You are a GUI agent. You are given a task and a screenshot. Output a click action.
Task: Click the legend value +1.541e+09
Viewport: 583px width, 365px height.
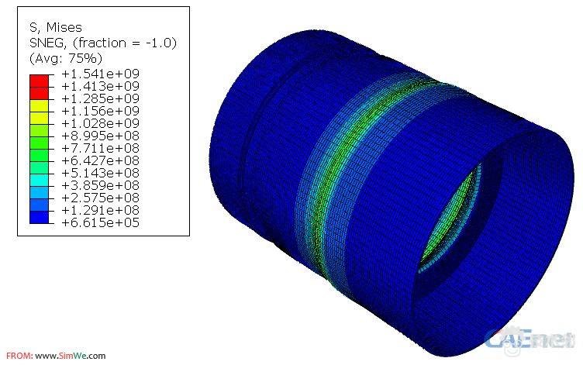tap(100, 74)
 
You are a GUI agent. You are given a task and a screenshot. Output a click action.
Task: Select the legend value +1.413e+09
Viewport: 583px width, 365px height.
tap(100, 86)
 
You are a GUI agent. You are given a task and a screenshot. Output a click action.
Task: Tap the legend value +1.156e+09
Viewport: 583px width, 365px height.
tap(100, 111)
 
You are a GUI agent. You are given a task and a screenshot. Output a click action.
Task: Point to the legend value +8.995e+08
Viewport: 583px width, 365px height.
tap(100, 136)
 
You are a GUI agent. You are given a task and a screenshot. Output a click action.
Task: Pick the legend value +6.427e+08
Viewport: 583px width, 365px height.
tap(100, 160)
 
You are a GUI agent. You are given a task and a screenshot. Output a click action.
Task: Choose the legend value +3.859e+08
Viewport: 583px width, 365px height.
tap(100, 185)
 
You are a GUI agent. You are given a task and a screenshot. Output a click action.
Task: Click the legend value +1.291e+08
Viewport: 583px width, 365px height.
tap(100, 210)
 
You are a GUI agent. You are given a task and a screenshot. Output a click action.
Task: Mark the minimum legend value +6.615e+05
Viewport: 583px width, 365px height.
tap(100, 222)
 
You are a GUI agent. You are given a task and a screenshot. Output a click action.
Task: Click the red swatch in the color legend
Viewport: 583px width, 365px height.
tap(39, 87)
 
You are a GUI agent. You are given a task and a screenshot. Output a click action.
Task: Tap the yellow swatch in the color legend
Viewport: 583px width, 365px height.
tap(39, 112)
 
